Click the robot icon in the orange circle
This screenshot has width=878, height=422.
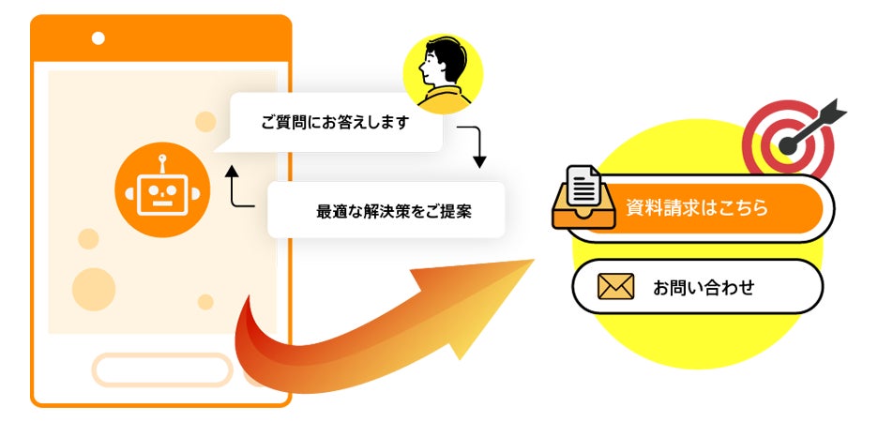pos(162,190)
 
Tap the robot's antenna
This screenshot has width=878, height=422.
pos(162,164)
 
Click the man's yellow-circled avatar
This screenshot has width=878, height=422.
pos(443,74)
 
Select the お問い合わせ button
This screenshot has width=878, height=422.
pos(698,287)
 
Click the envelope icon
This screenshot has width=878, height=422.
pos(615,287)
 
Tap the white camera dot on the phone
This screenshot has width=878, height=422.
pos(98,38)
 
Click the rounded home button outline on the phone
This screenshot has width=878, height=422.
pos(162,369)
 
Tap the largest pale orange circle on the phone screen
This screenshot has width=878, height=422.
pos(94,290)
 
